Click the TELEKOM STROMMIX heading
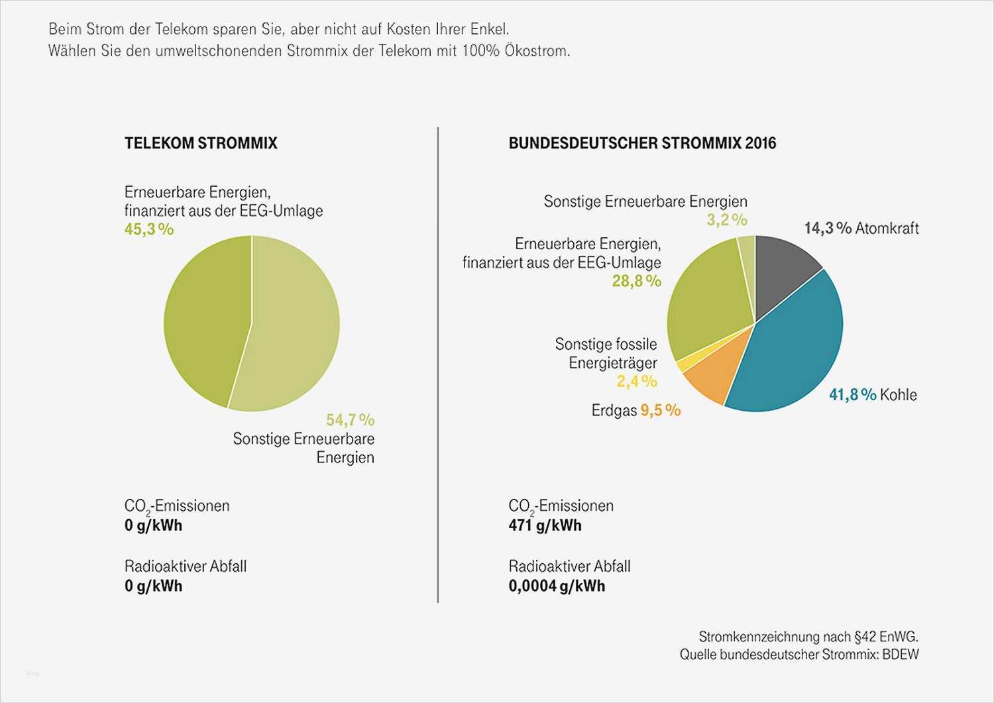pyautogui.click(x=201, y=143)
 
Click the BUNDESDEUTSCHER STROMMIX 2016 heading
pyautogui.click(x=641, y=143)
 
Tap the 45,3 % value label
pyautogui.click(x=149, y=229)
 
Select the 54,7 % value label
pyautogui.click(x=350, y=420)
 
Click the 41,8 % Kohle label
pyautogui.click(x=873, y=395)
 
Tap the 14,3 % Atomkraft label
pyautogui.click(x=861, y=229)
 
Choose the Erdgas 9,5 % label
pyautogui.click(x=635, y=411)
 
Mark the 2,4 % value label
pyautogui.click(x=637, y=382)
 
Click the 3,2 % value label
pyautogui.click(x=726, y=220)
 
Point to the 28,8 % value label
pyautogui.click(x=636, y=281)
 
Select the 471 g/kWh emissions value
pyautogui.click(x=545, y=526)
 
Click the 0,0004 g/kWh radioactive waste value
pyautogui.click(x=557, y=586)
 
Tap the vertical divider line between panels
pyautogui.click(x=438, y=364)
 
